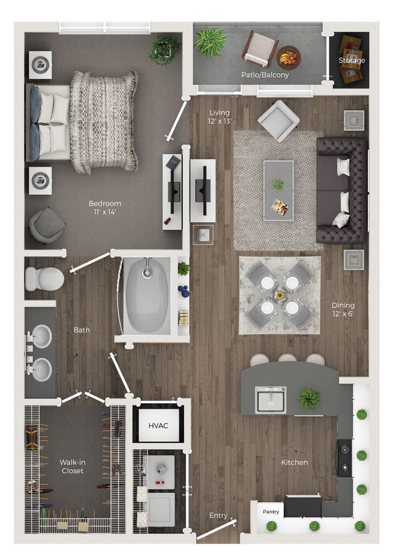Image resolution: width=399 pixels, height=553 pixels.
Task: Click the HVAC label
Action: (x=158, y=426)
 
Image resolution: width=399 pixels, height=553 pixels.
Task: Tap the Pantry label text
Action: (x=271, y=511)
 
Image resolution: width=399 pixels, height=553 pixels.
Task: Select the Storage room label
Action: (x=352, y=60)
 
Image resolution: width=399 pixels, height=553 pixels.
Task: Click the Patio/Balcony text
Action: (x=265, y=75)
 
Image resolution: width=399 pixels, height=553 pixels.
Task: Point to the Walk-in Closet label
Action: (x=71, y=466)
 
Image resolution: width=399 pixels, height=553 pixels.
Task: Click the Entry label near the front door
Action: (x=218, y=516)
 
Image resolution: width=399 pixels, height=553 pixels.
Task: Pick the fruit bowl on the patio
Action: (x=288, y=58)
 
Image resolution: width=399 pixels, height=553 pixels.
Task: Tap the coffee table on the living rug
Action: (x=278, y=190)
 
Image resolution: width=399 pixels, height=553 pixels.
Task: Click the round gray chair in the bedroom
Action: (x=47, y=224)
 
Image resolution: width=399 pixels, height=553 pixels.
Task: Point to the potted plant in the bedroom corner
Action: (x=164, y=49)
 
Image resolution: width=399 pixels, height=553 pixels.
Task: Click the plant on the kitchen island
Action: (x=308, y=398)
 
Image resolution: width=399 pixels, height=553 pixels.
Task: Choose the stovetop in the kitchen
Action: (x=344, y=457)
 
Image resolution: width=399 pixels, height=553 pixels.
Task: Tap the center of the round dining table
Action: (x=279, y=294)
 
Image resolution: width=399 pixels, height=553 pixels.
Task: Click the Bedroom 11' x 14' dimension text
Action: (x=105, y=208)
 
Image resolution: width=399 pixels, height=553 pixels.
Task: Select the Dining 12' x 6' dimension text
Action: (x=343, y=310)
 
